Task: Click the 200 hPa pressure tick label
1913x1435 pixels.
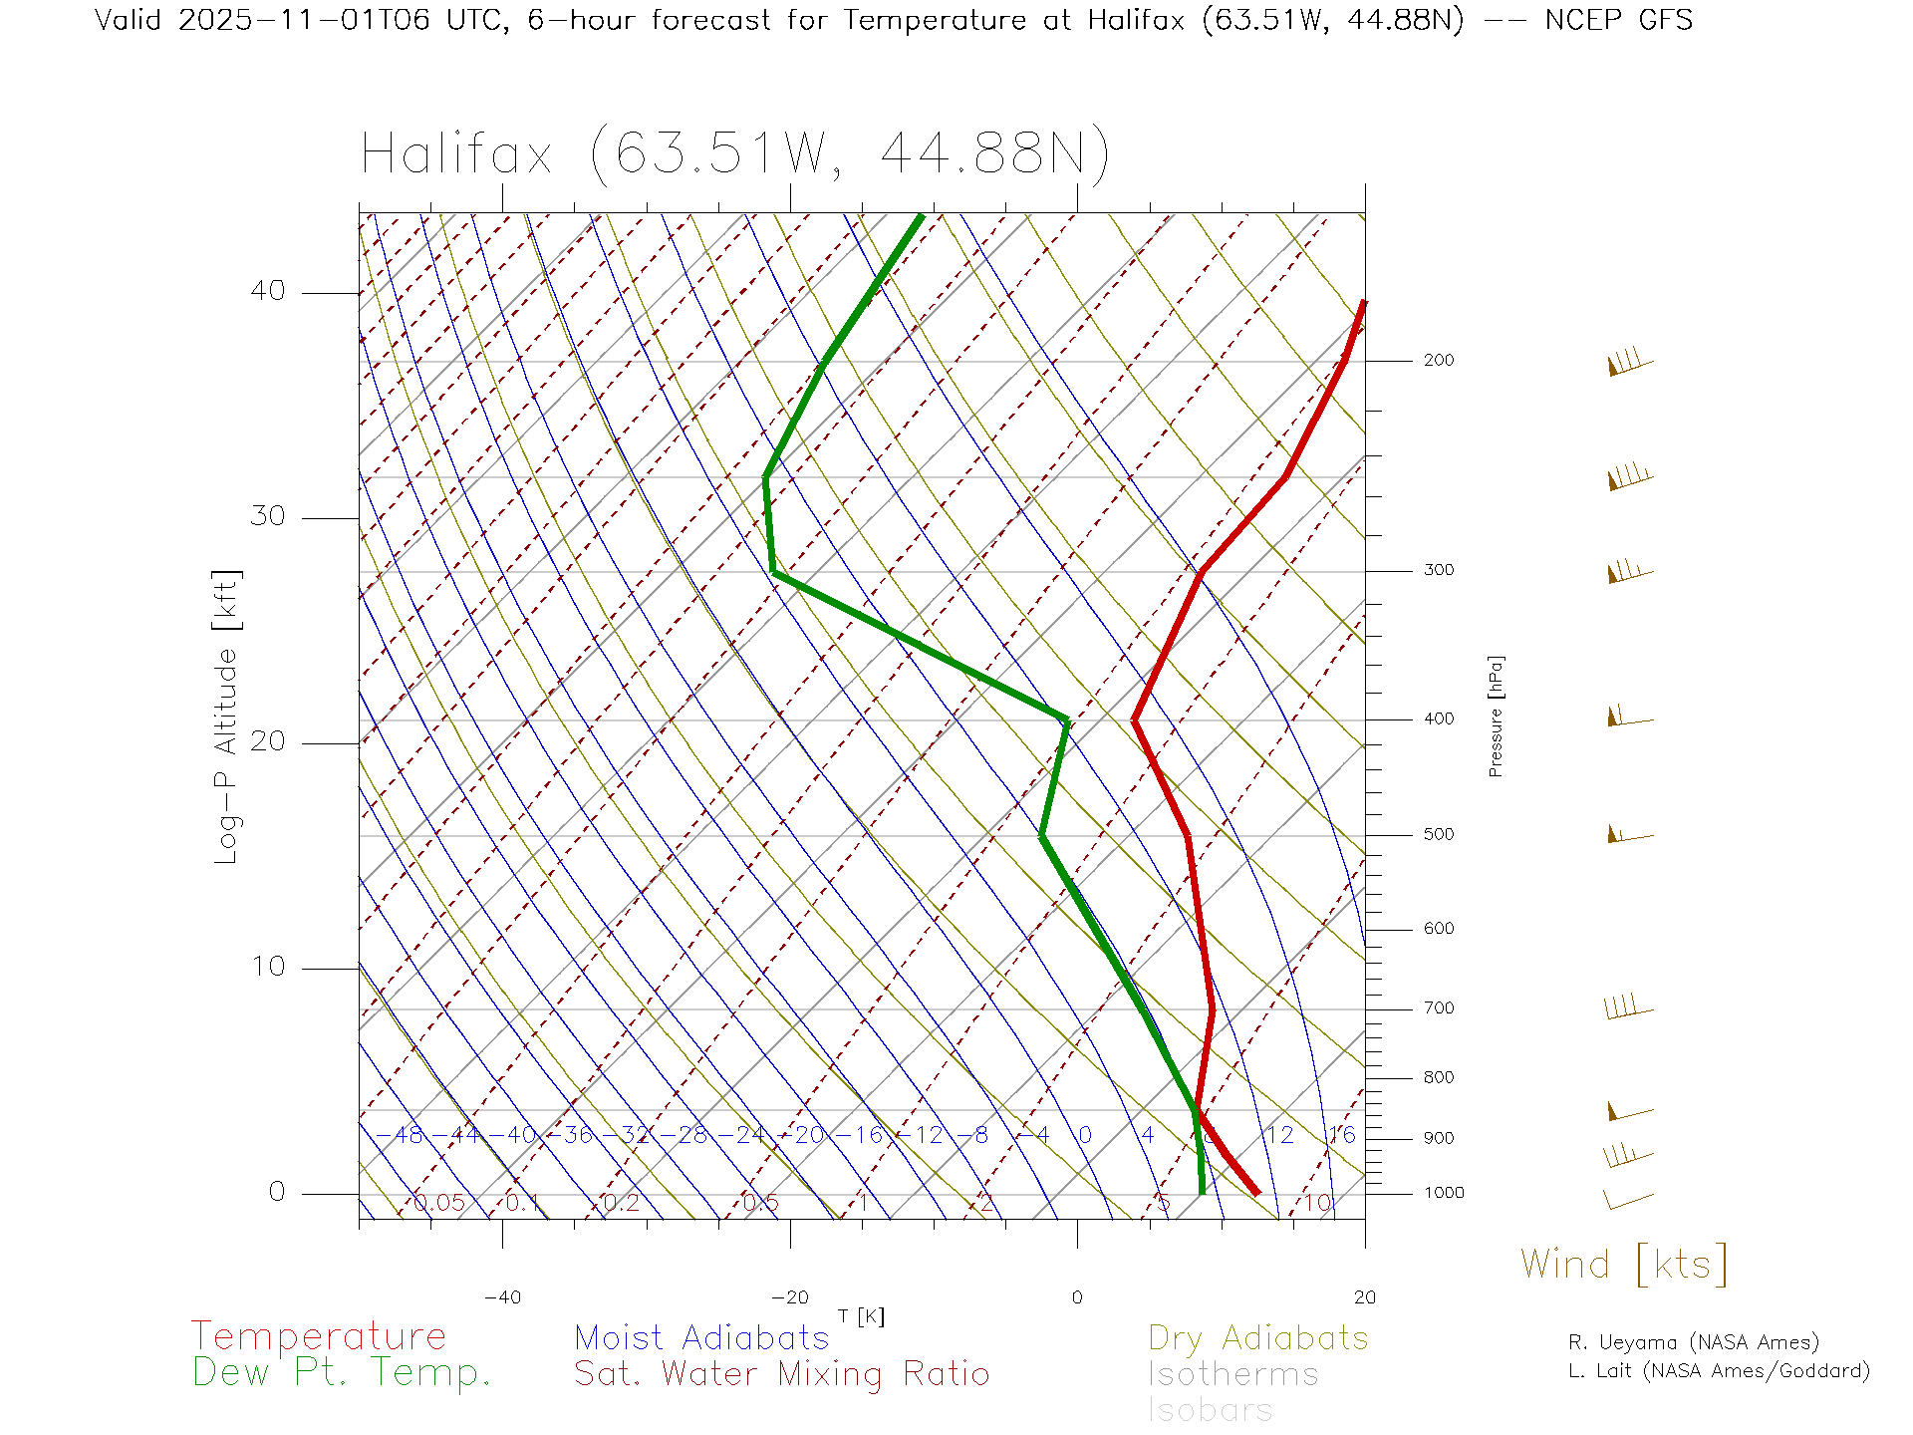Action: pos(1438,361)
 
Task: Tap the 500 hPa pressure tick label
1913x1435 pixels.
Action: pos(1438,835)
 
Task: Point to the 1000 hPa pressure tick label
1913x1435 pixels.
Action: pos(1443,1193)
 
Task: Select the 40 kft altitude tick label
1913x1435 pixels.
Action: pos(267,291)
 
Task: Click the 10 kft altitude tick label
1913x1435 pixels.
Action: pos(267,967)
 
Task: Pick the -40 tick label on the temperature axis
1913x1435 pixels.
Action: pos(502,1297)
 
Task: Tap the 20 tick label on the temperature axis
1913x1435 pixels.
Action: pos(1364,1297)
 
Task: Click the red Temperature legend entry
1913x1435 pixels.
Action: pos(319,1336)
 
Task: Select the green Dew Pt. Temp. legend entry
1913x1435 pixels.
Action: pos(342,1373)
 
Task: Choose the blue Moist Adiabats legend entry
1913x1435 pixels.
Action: pos(702,1337)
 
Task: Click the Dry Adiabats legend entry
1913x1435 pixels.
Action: pos(1258,1337)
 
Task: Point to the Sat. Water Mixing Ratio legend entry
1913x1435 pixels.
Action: pos(782,1374)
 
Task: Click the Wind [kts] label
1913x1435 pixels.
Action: pos(1624,1264)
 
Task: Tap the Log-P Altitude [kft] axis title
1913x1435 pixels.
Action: pos(227,717)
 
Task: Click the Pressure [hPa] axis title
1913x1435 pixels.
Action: pos(1496,716)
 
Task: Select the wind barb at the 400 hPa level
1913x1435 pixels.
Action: pos(1628,717)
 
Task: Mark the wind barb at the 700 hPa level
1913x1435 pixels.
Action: pos(1628,1007)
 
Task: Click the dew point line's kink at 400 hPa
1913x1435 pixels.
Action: pos(1066,718)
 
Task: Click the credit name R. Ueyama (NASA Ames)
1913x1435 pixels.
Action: pos(1693,1342)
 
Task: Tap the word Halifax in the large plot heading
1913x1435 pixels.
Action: pos(456,155)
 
